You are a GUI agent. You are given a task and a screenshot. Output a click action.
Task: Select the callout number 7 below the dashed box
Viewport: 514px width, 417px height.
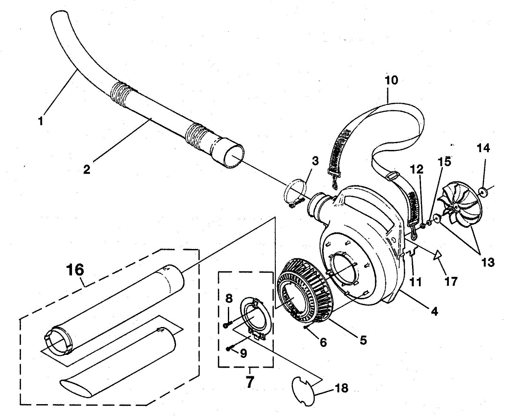point(249,381)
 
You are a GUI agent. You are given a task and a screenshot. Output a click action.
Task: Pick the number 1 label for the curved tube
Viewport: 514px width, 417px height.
point(41,121)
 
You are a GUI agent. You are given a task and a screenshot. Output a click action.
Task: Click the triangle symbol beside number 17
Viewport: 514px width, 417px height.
point(437,256)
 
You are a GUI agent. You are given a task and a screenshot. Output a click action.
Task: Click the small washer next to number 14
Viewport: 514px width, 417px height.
point(483,191)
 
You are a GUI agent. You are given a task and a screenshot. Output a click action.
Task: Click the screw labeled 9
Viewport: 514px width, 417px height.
point(230,348)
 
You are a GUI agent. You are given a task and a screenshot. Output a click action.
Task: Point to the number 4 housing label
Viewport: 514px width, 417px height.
point(434,312)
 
